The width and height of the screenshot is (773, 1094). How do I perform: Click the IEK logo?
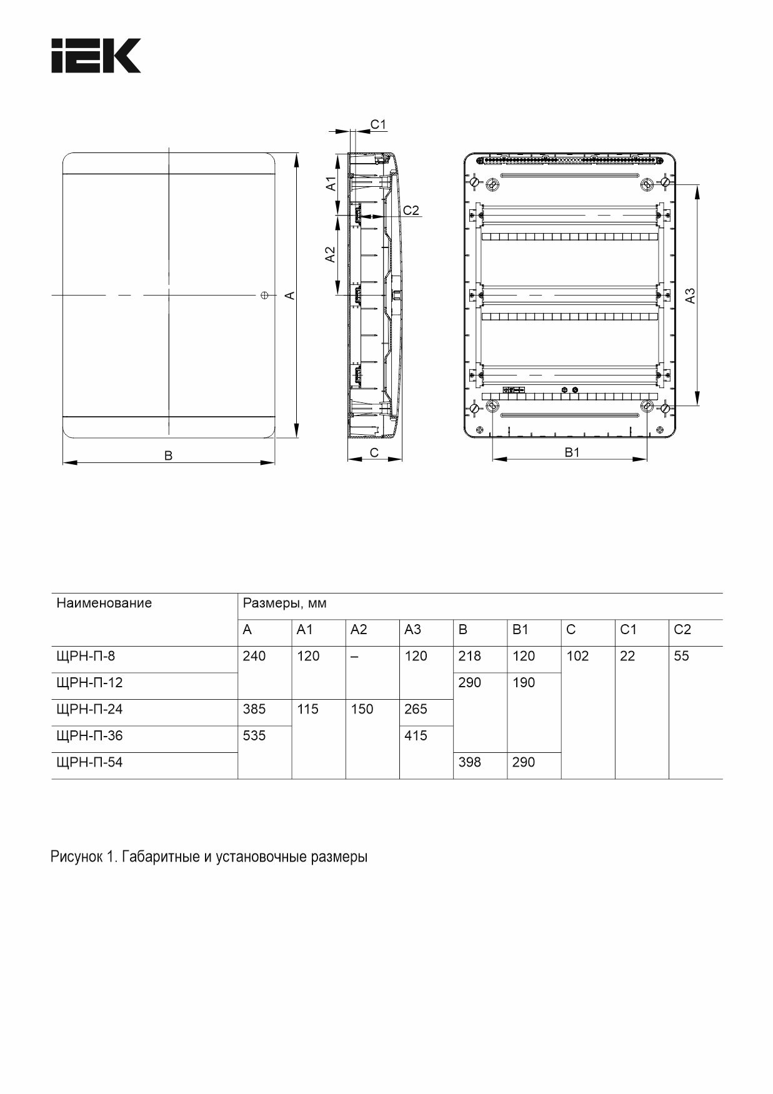(96, 56)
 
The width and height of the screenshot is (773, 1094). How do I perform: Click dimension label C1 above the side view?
(378, 124)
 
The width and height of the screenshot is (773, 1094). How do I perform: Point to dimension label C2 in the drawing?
(411, 211)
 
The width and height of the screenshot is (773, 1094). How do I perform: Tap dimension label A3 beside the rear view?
(690, 296)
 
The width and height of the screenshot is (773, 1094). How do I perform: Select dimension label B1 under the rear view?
(572, 452)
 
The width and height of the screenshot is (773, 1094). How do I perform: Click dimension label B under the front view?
(168, 456)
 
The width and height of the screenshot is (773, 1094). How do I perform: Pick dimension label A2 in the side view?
(331, 254)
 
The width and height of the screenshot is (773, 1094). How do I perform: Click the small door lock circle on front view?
(264, 294)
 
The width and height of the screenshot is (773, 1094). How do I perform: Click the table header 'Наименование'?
(104, 603)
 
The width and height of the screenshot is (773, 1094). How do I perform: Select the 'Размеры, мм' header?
(284, 604)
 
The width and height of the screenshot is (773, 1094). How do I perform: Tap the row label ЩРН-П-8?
(86, 656)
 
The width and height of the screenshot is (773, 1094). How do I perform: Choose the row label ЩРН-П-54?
(89, 762)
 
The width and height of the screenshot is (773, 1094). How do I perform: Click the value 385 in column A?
(254, 709)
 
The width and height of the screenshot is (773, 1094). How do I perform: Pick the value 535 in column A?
(254, 735)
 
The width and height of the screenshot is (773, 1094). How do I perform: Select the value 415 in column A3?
(416, 735)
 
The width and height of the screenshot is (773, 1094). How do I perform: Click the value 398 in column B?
(469, 762)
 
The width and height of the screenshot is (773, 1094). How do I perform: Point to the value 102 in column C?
(577, 656)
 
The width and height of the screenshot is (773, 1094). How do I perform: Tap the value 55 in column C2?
(681, 656)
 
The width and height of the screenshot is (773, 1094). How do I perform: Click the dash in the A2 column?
(354, 657)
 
